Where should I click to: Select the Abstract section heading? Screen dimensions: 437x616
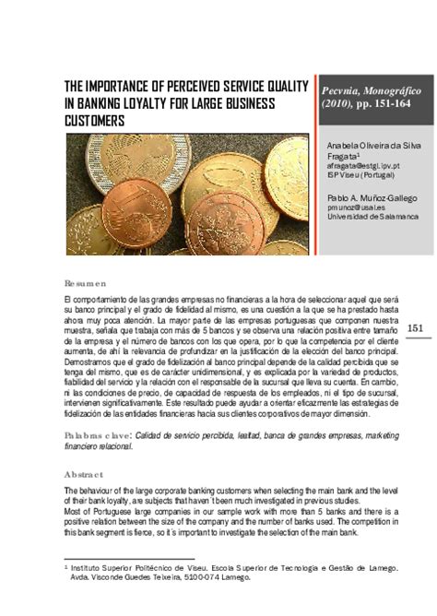[x=84, y=474]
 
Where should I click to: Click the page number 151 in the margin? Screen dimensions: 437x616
[x=414, y=329]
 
